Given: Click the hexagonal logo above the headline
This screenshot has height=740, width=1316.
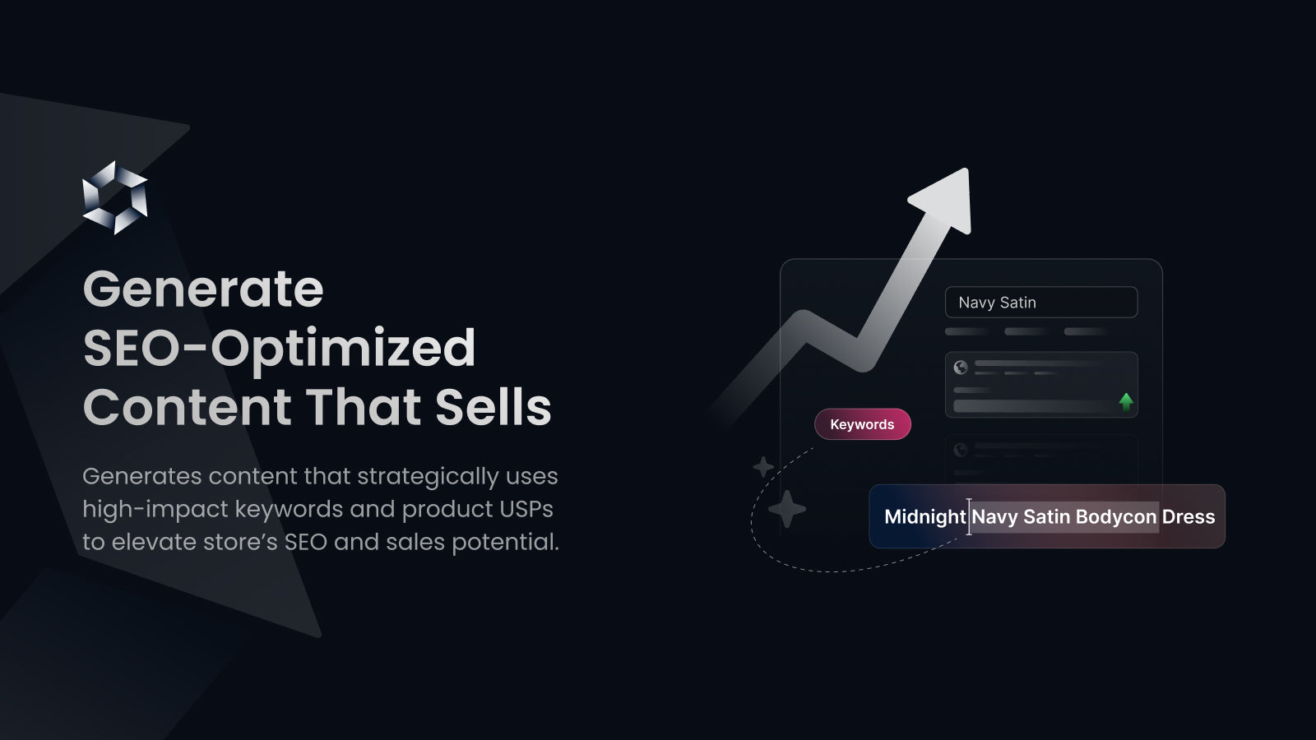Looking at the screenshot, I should (x=115, y=197).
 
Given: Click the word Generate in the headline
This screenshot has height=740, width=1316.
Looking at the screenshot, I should (x=203, y=289).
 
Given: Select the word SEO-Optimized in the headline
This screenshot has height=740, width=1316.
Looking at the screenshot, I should (x=279, y=349).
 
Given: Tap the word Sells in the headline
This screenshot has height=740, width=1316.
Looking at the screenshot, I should (x=493, y=408).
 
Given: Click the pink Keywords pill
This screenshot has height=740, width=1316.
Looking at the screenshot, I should (x=862, y=424).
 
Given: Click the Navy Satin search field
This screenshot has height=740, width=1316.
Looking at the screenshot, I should (x=1040, y=303).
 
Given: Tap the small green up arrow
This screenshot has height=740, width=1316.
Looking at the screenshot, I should (x=1126, y=401).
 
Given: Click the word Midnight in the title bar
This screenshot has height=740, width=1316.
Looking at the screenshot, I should (x=924, y=517).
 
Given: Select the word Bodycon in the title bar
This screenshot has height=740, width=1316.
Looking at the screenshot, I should (x=1115, y=517).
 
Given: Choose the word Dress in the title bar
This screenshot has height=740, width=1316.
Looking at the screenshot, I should (x=1188, y=517).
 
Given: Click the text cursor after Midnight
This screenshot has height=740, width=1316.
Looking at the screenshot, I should (x=969, y=516).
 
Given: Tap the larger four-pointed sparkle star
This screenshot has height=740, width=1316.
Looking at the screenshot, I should (x=787, y=509).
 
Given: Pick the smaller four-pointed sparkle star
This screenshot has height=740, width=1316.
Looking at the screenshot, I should (x=763, y=467).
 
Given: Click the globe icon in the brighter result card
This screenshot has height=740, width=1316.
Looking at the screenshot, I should (x=961, y=368).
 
